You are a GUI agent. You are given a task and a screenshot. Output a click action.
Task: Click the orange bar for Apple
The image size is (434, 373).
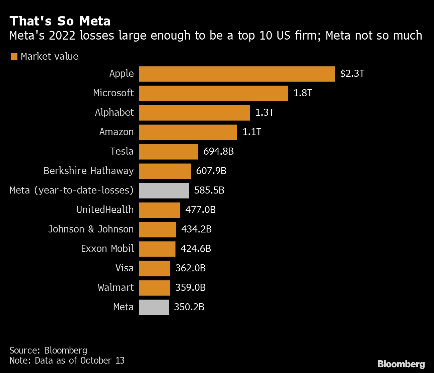[237, 74]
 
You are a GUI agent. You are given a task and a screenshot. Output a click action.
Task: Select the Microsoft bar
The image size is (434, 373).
[213, 93]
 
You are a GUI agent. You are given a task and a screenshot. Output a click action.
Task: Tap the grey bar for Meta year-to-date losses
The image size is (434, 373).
[164, 191]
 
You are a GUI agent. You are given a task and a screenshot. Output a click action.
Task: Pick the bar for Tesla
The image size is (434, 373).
[168, 152]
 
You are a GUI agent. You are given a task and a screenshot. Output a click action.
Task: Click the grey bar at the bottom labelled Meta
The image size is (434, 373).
[154, 307]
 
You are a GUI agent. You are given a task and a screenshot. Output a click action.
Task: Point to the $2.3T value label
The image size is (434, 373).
[352, 74]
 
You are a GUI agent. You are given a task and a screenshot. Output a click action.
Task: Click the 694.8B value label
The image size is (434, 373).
[218, 152]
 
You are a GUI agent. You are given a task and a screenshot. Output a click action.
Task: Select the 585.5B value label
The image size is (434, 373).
[209, 191]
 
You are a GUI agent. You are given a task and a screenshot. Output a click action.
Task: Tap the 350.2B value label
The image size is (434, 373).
[189, 307]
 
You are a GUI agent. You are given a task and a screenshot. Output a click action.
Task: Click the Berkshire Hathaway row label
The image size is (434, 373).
[88, 171]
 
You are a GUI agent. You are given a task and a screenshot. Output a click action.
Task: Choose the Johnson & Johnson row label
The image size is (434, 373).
[91, 229]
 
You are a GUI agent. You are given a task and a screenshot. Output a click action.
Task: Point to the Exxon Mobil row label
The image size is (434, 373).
[107, 249]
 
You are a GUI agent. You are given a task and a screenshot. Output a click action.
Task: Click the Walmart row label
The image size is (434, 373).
[116, 288]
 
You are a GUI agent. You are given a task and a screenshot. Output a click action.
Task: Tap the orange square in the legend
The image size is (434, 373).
[14, 56]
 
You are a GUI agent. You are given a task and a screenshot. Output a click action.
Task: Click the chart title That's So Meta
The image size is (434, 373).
[60, 21]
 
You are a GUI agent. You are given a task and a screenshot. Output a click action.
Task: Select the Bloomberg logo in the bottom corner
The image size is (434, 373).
[401, 364]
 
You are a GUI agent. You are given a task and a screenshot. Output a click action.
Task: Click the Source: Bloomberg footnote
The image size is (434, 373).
[48, 351]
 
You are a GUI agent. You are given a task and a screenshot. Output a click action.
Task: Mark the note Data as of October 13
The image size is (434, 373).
[67, 361]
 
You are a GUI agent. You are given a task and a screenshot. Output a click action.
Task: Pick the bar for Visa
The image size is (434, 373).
[154, 268]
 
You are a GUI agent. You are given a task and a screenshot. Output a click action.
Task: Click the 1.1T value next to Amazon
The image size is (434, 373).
[251, 132]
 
